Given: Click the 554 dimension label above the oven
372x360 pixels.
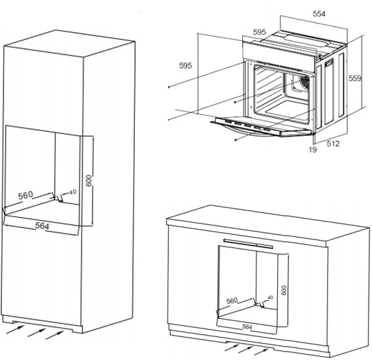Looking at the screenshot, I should point(319,14).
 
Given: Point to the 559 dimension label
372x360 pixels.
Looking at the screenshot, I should point(355,78).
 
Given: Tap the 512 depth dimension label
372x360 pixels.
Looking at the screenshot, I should point(333,143).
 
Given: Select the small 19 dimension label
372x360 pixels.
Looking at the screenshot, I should point(313,150).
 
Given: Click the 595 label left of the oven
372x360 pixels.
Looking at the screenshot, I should point(185,66).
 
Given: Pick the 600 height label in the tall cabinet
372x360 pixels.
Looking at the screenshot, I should point(89,180).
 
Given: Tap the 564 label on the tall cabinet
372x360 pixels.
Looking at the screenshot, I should point(42,226).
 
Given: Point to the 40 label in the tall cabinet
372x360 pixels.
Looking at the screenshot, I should point(72,192).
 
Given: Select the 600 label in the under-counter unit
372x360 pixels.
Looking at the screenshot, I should point(284,290).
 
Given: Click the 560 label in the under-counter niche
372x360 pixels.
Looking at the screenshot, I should point(232,301).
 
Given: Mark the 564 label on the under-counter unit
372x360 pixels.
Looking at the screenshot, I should point(247,327).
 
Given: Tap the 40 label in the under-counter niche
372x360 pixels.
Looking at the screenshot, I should point(270,297).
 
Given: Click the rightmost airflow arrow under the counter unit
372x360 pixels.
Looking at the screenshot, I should point(262,351).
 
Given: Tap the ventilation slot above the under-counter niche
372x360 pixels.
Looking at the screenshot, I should point(248,242).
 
